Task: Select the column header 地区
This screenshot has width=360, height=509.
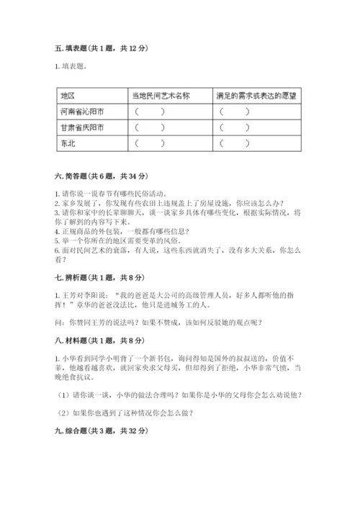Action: pyautogui.click(x=68, y=95)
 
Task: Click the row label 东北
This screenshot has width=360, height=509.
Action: pyautogui.click(x=68, y=143)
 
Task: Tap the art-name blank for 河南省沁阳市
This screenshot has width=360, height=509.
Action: pyautogui.click(x=149, y=112)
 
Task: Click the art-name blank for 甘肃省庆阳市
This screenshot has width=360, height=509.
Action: pyautogui.click(x=149, y=127)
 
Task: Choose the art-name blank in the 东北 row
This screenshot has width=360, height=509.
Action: pyautogui.click(x=149, y=143)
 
